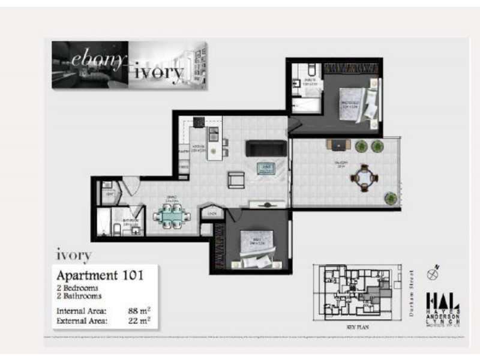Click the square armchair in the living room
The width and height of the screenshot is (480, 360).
pos(236,179)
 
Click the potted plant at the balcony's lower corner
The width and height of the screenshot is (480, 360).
pos(391,197)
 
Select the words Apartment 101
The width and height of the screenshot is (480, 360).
pos(100,276)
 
